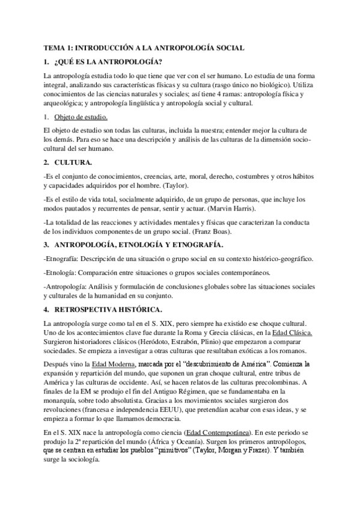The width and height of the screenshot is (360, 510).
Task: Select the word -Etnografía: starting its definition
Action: click(x=63, y=259)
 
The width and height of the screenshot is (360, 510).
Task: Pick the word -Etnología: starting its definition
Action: click(x=61, y=272)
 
